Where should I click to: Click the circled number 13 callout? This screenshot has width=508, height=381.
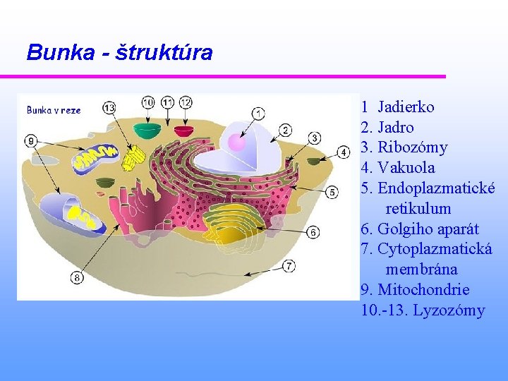(109, 107)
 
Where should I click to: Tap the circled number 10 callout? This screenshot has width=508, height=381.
(148, 102)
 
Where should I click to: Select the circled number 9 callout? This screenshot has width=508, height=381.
(31, 141)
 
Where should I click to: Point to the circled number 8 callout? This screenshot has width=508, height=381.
(76, 277)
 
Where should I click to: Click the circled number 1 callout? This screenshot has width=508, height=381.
(258, 112)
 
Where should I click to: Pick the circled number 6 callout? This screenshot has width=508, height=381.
(313, 231)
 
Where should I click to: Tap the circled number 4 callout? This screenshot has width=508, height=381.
(344, 152)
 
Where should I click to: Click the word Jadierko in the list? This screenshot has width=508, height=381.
(406, 107)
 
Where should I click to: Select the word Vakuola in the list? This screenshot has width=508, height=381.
(406, 168)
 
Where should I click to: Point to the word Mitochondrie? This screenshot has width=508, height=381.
(424, 290)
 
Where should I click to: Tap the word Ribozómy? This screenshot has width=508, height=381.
(412, 147)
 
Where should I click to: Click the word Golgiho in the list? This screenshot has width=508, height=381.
(403, 229)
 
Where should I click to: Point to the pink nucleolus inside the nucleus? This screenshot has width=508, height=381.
(237, 143)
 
